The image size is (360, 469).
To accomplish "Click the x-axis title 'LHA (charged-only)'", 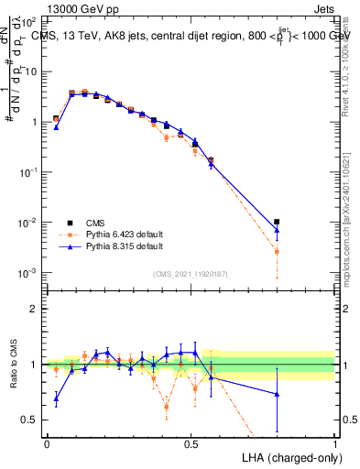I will (287, 456).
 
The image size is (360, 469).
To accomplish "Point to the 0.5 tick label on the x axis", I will (191, 443).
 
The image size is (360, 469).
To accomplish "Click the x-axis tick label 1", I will (335, 443).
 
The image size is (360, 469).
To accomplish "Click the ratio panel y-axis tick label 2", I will (35, 309).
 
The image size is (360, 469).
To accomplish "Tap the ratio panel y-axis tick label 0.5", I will (31, 420).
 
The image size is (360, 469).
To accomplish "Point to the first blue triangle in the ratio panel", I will (56, 398).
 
